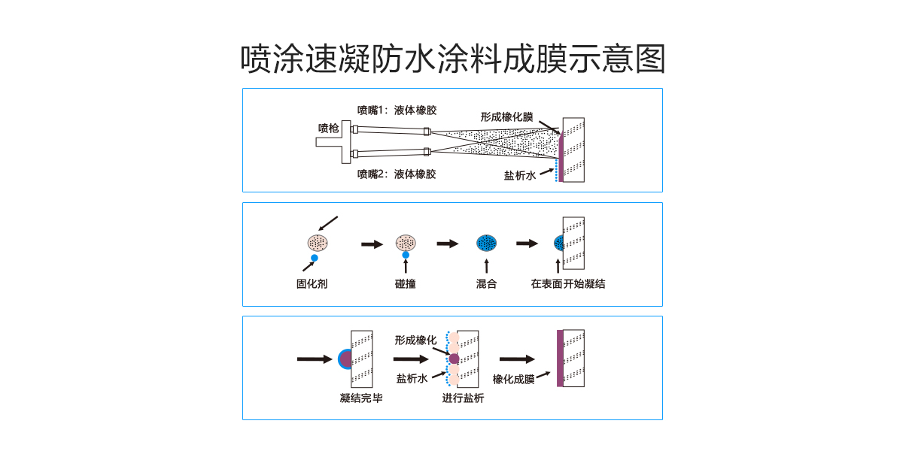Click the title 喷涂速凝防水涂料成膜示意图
pos(453,59)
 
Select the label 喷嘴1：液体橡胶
pos(397,110)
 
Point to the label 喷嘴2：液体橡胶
pos(397,174)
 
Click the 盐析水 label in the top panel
pos(519,175)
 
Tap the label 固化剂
pos(312,284)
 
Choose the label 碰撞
pos(406,284)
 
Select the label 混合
pos(486,284)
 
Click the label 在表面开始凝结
pos(568,284)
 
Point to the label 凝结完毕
pos(361,398)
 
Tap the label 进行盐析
pos(463,398)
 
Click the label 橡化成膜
pos(513,379)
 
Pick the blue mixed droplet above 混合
pos(487,243)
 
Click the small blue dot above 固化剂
pos(315,258)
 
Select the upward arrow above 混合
pos(486,265)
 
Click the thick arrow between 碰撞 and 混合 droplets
pos(448,244)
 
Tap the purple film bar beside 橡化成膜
pos(560,358)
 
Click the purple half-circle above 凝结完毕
pos(345,359)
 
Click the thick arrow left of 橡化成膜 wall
pos(517,359)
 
